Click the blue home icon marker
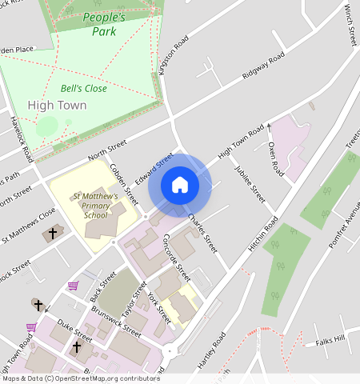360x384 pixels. [x=180, y=185]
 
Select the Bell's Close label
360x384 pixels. [x=83, y=89]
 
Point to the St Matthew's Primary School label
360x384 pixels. [x=95, y=206]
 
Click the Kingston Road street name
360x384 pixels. [x=174, y=55]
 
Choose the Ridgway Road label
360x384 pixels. [x=263, y=68]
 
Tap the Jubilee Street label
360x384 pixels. [x=250, y=184]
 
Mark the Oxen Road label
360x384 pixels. [x=276, y=158]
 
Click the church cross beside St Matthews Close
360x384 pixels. [x=54, y=234]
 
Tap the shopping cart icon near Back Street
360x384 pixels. [x=73, y=285]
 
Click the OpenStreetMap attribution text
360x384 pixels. [x=80, y=378]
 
